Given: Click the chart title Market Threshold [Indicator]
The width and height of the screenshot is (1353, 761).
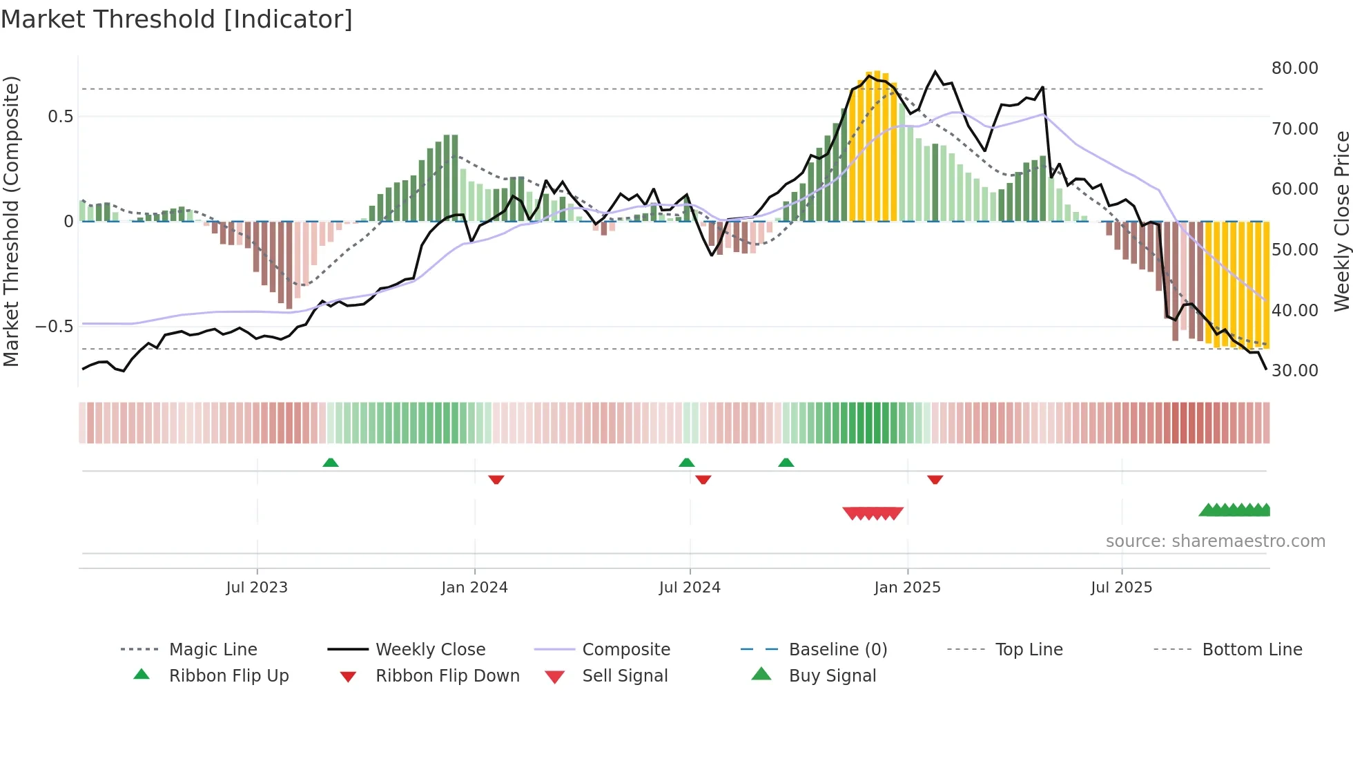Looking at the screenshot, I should pyautogui.click(x=177, y=19).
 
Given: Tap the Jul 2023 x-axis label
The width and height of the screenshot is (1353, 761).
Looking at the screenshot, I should pyautogui.click(x=257, y=588).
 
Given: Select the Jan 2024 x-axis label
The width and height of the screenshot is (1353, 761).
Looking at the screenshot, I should pyautogui.click(x=474, y=588).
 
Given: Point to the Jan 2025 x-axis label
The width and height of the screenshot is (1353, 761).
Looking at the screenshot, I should pyautogui.click(x=907, y=588).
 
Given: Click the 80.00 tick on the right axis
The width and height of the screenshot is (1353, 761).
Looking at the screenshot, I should pyautogui.click(x=1294, y=68).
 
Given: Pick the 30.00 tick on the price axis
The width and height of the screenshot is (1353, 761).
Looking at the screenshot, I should pyautogui.click(x=1294, y=371).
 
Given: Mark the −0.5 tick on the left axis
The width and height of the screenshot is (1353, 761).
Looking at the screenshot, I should pyautogui.click(x=54, y=326).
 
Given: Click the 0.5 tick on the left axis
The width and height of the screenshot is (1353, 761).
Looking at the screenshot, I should pyautogui.click(x=60, y=117).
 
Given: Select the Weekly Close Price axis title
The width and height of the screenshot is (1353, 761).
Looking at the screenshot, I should pyautogui.click(x=1341, y=221).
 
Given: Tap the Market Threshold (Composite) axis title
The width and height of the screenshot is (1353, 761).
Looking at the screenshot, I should pyautogui.click(x=11, y=221).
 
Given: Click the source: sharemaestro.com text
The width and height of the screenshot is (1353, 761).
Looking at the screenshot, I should pyautogui.click(x=1215, y=541).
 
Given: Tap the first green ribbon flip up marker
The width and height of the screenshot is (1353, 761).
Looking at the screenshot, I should pyautogui.click(x=331, y=463).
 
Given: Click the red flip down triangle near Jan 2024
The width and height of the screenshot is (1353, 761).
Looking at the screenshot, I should pyautogui.click(x=496, y=479).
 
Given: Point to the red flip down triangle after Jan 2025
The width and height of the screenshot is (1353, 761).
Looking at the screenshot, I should pyautogui.click(x=935, y=479).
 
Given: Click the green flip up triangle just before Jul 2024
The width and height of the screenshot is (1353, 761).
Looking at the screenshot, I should pyautogui.click(x=686, y=463).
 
